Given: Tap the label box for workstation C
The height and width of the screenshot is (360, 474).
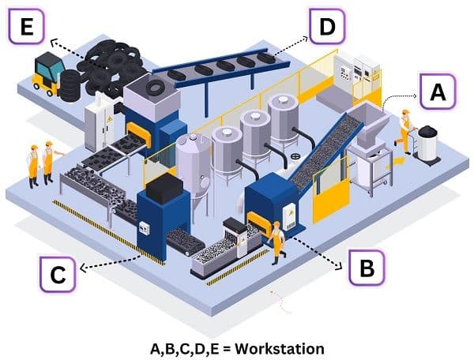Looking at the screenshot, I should point(57,276).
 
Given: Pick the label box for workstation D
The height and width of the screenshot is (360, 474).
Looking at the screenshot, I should point(326,29).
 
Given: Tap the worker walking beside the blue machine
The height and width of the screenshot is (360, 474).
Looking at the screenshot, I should point(276,241).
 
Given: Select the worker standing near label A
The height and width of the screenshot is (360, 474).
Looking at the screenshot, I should point(405,130).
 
